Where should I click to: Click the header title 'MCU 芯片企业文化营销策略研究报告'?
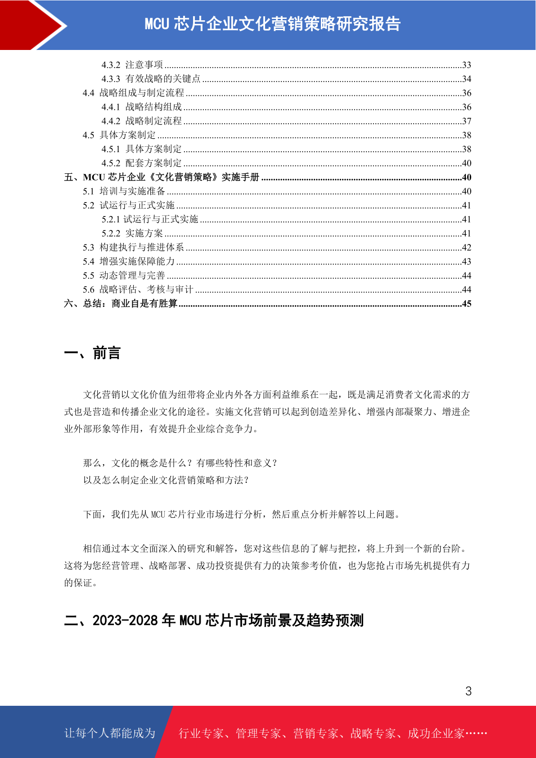[272, 24]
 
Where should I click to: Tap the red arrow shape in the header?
[32, 25]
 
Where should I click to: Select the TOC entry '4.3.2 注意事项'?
[132, 65]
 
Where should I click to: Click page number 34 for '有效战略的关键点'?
[467, 79]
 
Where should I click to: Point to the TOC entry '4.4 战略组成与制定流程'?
[133, 93]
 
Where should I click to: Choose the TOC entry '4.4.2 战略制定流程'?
[141, 121]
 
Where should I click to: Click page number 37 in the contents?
[467, 121]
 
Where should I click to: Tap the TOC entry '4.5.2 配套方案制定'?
[141, 163]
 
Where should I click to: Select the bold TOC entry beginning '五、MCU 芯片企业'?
[162, 177]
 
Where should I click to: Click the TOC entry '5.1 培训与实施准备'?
[124, 191]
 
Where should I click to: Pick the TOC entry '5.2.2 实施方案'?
[132, 233]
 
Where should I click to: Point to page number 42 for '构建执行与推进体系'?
[467, 248]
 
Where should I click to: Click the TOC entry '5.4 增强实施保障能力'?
[128, 262]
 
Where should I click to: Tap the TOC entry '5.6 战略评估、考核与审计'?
[138, 289]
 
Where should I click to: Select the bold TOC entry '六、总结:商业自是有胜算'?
[121, 303]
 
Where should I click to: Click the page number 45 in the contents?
[467, 304]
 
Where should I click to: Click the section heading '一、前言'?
[92, 353]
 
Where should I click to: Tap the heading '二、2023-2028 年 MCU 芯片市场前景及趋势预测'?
[214, 620]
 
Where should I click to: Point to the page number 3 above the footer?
[468, 691]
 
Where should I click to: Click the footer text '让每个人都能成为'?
[110, 733]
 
